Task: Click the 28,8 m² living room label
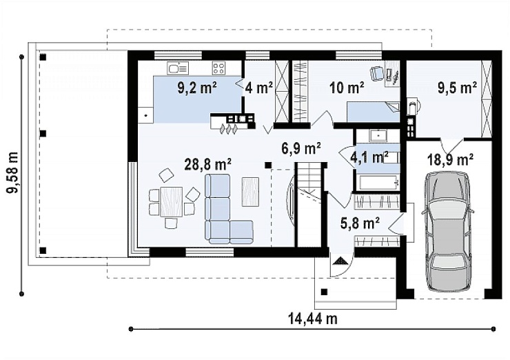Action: [207, 164]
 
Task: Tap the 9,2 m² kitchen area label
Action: [197, 88]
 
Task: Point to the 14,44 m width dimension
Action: [313, 319]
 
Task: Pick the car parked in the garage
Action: [447, 230]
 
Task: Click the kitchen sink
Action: [178, 68]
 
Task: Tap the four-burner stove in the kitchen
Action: [218, 68]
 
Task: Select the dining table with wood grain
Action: [171, 201]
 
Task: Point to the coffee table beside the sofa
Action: [250, 191]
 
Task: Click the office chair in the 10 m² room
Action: [377, 73]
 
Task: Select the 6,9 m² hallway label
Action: [301, 148]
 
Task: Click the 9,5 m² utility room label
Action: [457, 88]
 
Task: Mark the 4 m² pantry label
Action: [259, 88]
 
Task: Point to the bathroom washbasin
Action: [378, 135]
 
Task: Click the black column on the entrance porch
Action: [324, 292]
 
